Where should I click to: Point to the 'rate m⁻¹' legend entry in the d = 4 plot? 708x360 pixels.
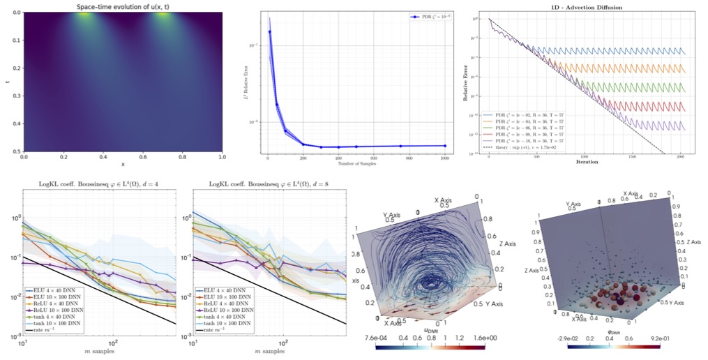point(47,329)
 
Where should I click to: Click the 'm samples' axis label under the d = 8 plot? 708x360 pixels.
point(263,352)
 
